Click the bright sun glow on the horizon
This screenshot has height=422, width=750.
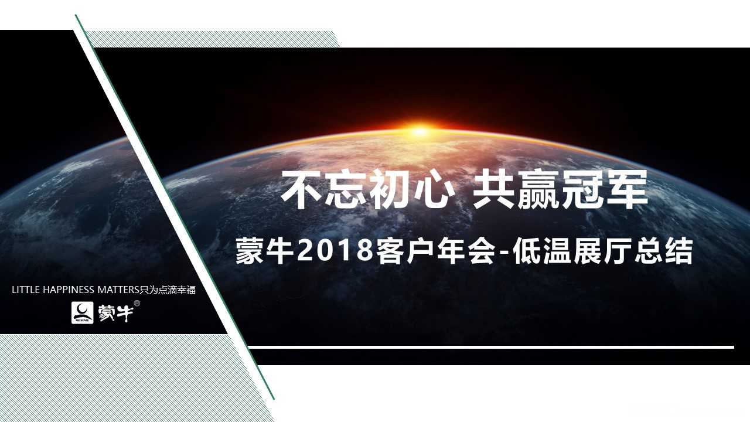(418, 130)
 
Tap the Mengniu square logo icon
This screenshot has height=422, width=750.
(83, 312)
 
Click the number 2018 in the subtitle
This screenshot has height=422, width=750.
(335, 251)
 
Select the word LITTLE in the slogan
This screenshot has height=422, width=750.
(26, 290)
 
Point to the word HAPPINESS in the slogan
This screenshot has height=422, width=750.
(69, 290)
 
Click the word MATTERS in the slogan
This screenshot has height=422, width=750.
(118, 290)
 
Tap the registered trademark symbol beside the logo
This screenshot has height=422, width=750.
(137, 304)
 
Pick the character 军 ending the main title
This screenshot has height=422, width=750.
(627, 189)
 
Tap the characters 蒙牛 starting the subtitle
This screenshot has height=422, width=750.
(264, 251)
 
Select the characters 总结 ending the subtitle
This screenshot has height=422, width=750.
(664, 251)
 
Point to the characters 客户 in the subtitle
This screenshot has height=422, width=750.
(404, 251)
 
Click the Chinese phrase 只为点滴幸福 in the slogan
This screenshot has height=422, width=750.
(168, 290)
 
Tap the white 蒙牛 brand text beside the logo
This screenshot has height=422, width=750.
(115, 313)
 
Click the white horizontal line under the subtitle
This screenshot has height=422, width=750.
(491, 348)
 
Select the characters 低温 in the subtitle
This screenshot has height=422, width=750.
(542, 251)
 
